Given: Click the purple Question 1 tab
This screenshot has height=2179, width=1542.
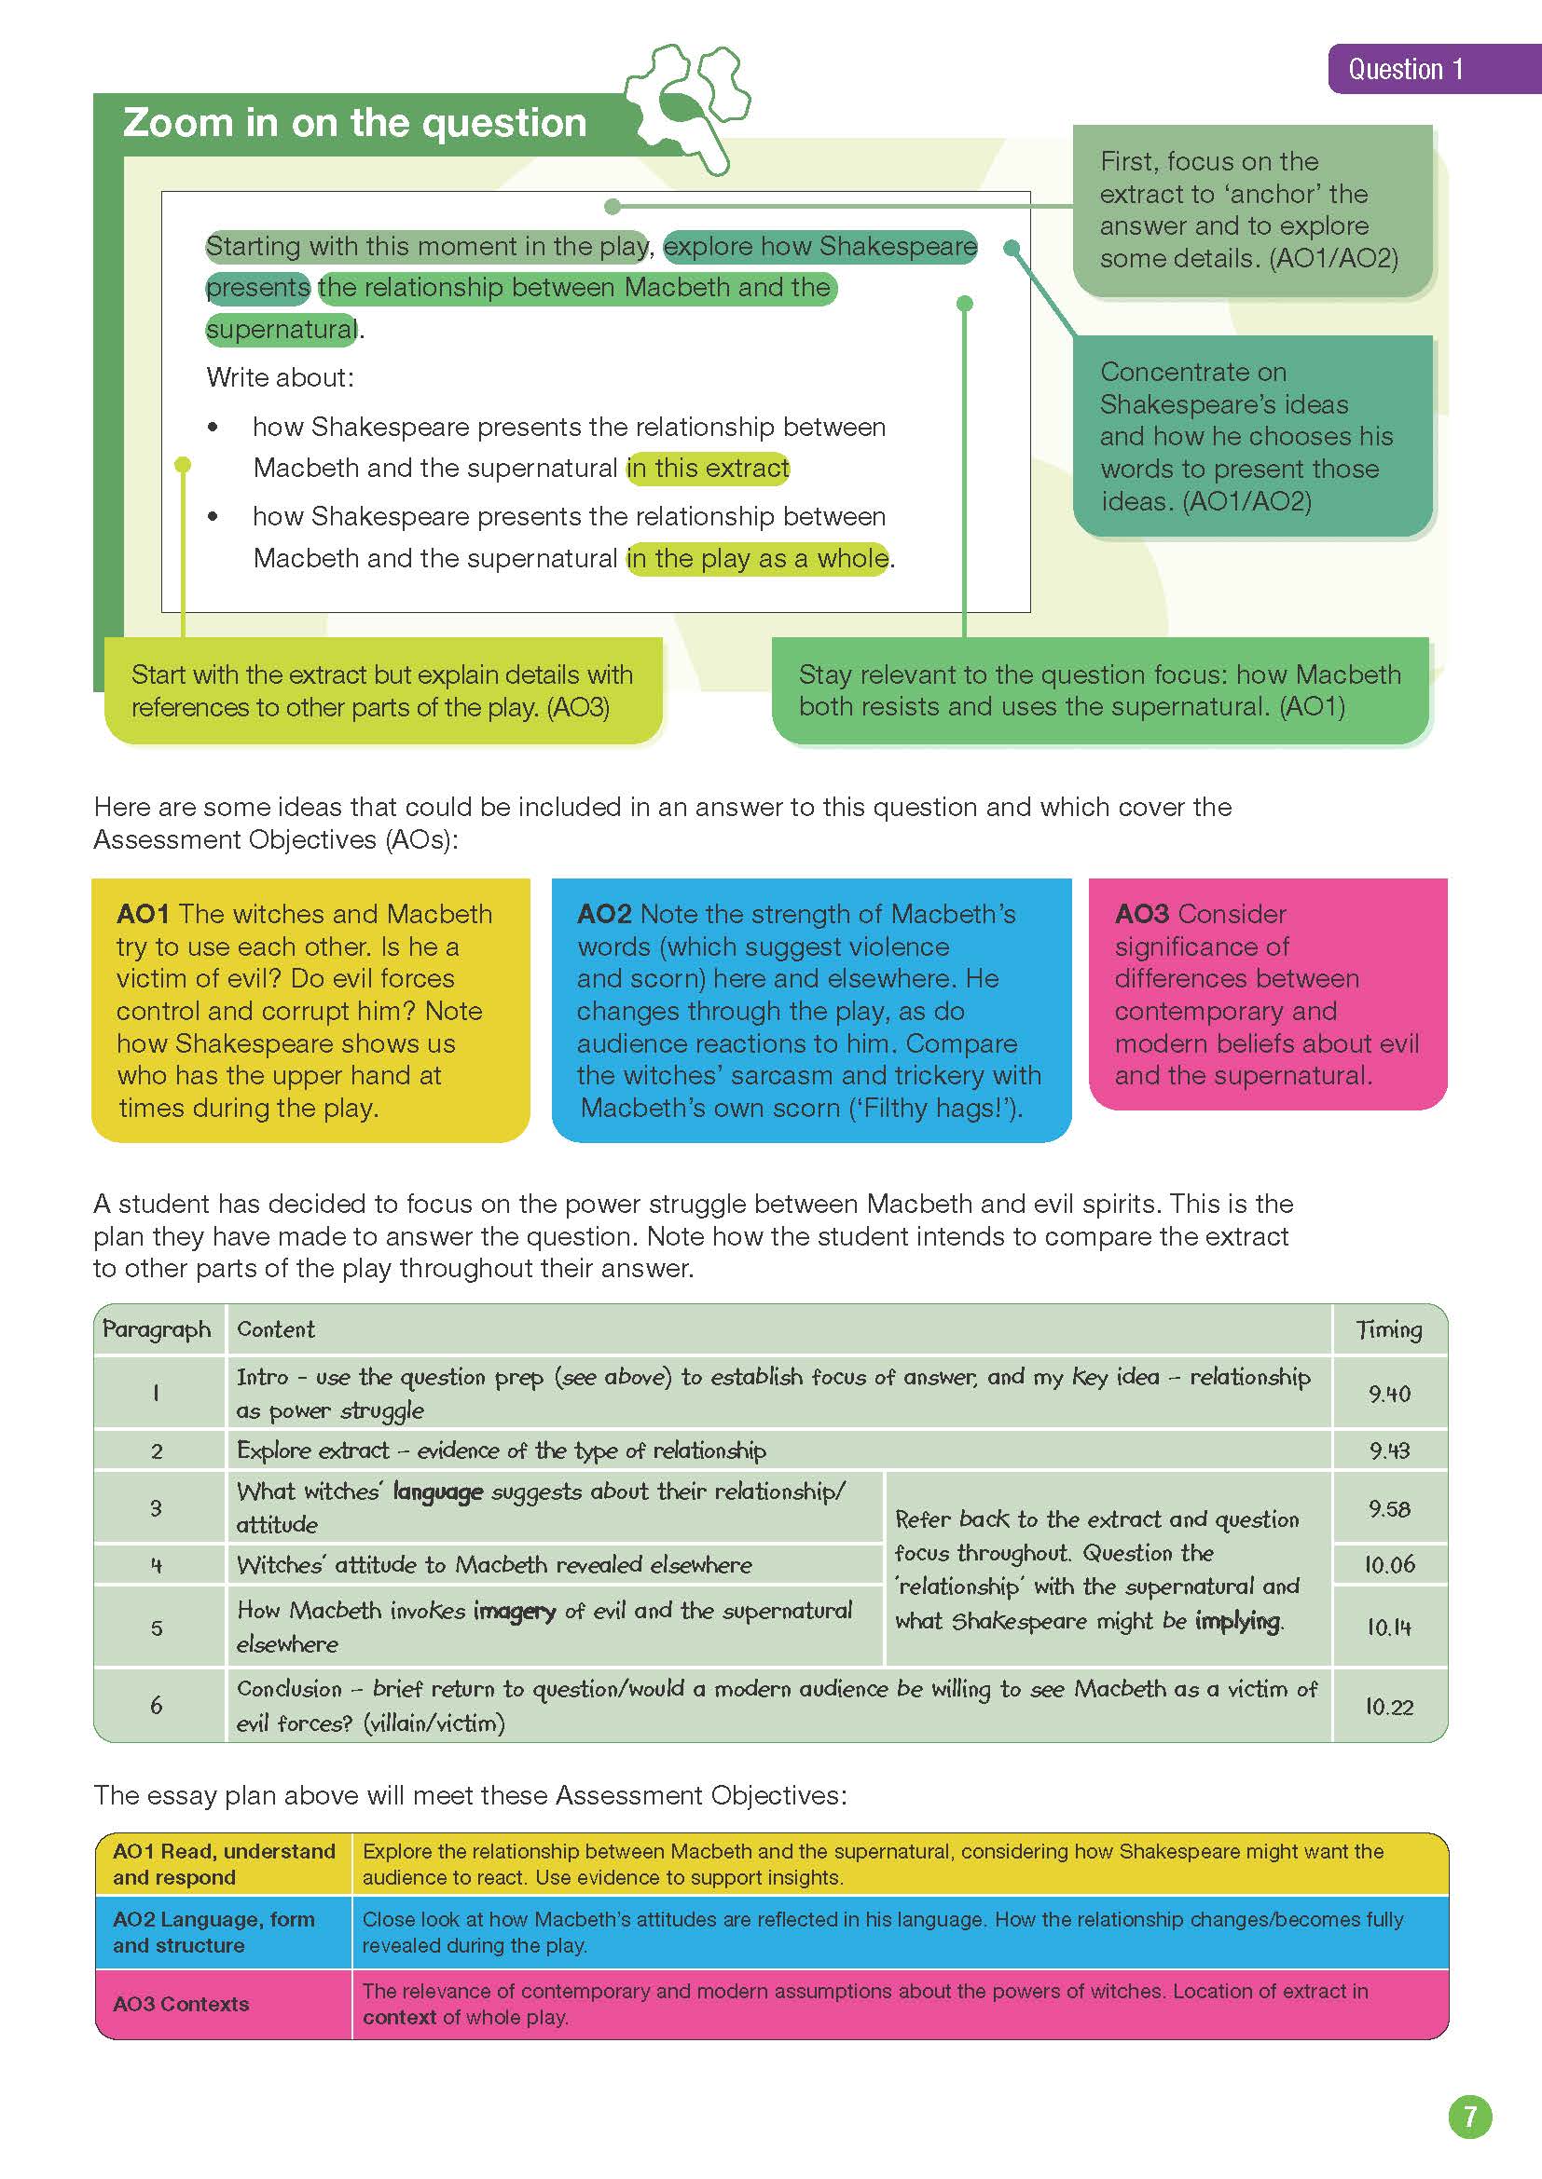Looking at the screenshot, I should click(x=1405, y=69).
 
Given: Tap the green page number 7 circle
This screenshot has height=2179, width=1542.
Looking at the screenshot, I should click(x=1470, y=2118).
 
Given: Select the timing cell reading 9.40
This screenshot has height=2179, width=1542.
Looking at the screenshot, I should click(x=1389, y=1393).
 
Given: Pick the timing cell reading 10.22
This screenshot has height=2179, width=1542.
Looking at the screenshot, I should click(x=1389, y=1707).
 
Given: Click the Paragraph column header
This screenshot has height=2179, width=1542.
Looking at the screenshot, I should click(x=157, y=1329).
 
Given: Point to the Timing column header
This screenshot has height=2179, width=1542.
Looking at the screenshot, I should click(x=1389, y=1329).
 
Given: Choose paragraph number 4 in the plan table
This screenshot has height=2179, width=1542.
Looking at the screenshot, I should click(x=157, y=1565).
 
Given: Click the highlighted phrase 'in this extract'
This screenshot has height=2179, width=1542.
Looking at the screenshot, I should click(x=708, y=468).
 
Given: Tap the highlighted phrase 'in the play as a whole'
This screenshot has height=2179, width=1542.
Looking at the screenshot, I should click(x=758, y=558).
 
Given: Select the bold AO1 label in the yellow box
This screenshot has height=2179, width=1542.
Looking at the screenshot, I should click(x=143, y=914).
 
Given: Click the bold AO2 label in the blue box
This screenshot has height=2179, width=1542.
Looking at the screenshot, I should click(x=604, y=914).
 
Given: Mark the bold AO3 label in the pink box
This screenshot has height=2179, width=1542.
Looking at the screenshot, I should click(x=1141, y=914).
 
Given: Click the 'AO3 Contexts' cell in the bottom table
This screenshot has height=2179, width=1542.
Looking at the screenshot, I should click(x=182, y=2004).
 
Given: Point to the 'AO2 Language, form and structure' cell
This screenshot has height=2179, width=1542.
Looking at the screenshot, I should click(x=213, y=1931).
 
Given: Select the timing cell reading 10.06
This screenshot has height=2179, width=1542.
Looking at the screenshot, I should click(x=1389, y=1565).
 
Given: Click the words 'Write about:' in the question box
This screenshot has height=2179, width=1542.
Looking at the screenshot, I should click(x=280, y=377).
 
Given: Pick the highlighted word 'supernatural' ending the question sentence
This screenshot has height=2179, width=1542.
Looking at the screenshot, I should click(x=282, y=329).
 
